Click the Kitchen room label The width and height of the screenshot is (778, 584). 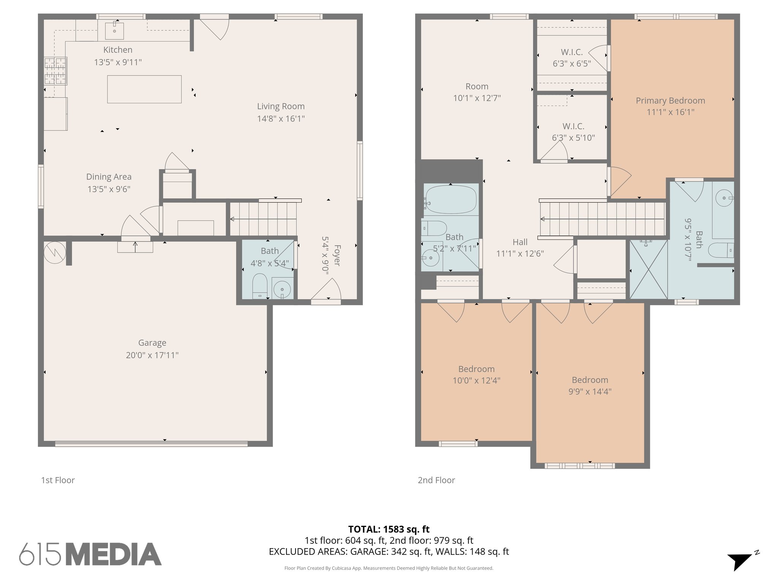click(118, 50)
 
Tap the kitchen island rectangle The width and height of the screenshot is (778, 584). click(144, 89)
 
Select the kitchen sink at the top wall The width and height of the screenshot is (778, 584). click(114, 30)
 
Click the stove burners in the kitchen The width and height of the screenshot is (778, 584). click(56, 71)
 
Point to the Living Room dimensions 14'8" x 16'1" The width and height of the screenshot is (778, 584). click(281, 119)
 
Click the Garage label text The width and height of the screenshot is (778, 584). click(152, 343)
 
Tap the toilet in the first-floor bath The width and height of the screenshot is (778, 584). click(260, 285)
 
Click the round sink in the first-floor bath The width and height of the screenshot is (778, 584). click(282, 289)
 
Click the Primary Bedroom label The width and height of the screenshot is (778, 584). click(670, 101)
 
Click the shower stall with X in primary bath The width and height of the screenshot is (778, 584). click(648, 269)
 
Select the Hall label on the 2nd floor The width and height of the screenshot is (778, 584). click(520, 242)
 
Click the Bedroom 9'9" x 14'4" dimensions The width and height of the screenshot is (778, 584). click(590, 391)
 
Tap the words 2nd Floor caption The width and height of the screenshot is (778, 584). click(436, 480)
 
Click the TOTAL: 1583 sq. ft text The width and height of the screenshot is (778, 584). click(389, 529)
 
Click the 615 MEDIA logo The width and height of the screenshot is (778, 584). click(90, 554)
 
